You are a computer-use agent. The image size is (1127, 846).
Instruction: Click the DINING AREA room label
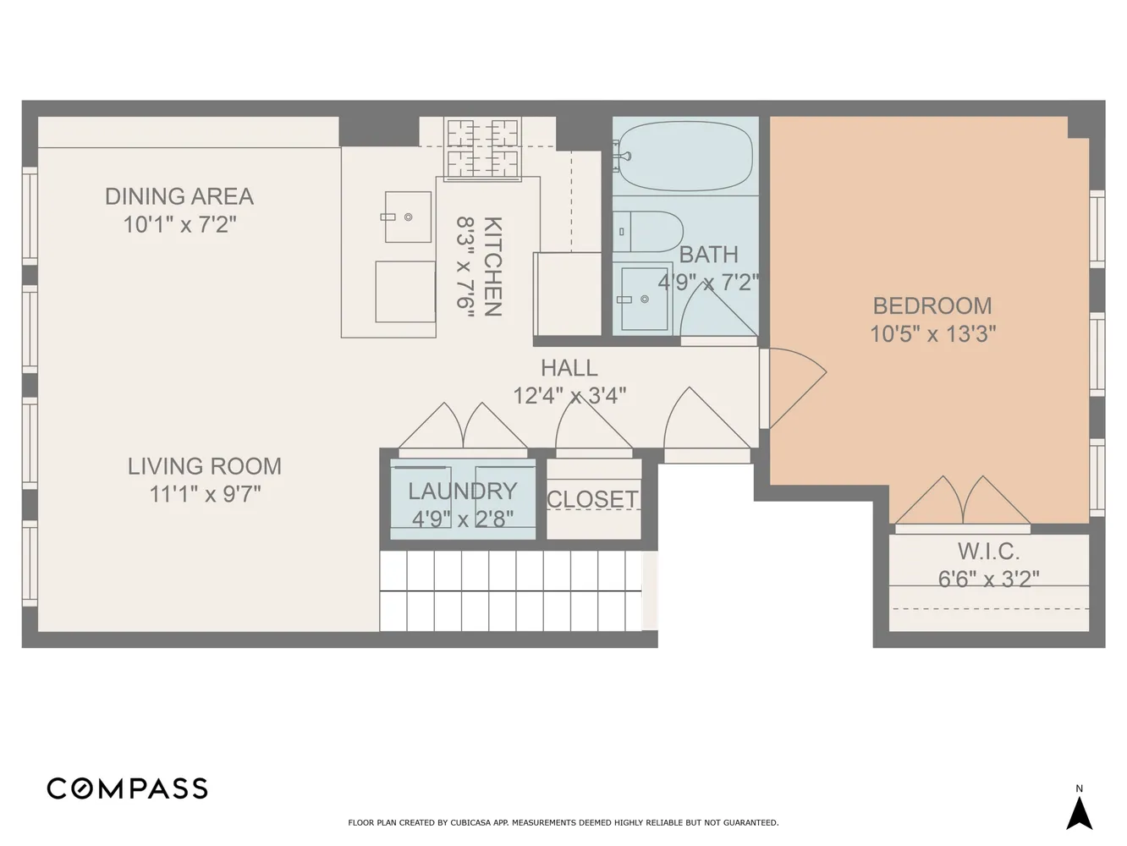[179, 196]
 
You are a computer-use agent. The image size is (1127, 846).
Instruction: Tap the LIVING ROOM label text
[205, 467]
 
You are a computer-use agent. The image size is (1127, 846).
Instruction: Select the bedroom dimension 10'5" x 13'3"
[932, 334]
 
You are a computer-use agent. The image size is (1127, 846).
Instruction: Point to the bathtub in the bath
[685, 156]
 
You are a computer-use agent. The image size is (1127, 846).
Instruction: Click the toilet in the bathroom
[648, 232]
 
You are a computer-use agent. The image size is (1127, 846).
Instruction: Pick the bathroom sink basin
[645, 299]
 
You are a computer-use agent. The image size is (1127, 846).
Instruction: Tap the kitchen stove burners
[482, 149]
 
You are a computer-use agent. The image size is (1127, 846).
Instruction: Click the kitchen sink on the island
[408, 217]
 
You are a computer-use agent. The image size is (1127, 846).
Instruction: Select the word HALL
[569, 368]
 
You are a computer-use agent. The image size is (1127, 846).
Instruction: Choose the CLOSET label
[592, 499]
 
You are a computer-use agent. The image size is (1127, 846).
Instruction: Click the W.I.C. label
[988, 552]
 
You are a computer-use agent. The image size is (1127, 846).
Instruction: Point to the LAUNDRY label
[463, 492]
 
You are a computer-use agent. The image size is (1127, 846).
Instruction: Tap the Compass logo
[127, 788]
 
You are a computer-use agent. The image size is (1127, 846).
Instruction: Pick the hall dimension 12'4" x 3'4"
[570, 396]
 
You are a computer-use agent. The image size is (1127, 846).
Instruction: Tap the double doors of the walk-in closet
[962, 501]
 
